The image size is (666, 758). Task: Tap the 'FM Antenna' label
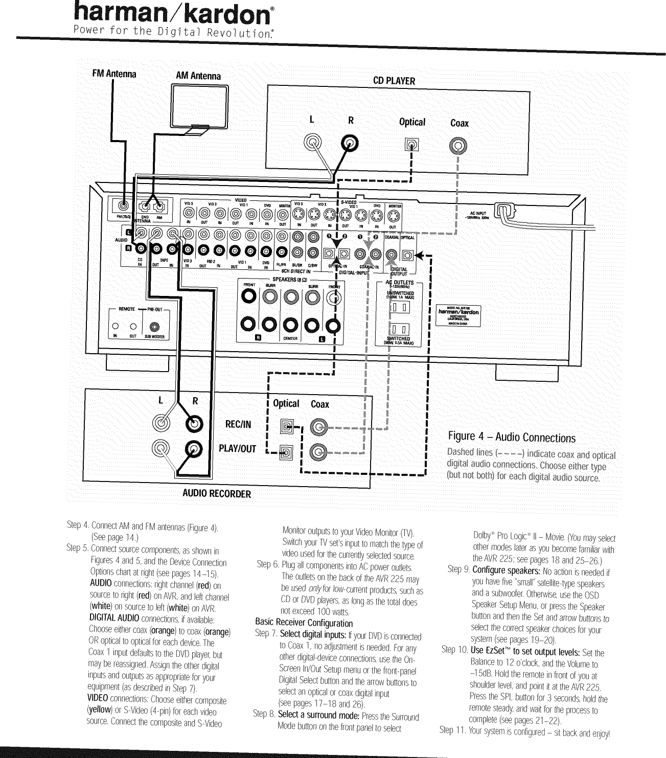(114, 74)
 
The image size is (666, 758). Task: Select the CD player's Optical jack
(411, 146)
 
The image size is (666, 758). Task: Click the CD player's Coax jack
(457, 147)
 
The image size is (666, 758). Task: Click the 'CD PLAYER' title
(394, 81)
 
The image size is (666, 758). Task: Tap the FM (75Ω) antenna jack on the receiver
(123, 206)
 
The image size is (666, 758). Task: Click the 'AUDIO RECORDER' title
(217, 494)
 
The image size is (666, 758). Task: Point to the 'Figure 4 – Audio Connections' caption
(512, 438)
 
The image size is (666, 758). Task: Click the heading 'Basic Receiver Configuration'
(304, 623)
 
